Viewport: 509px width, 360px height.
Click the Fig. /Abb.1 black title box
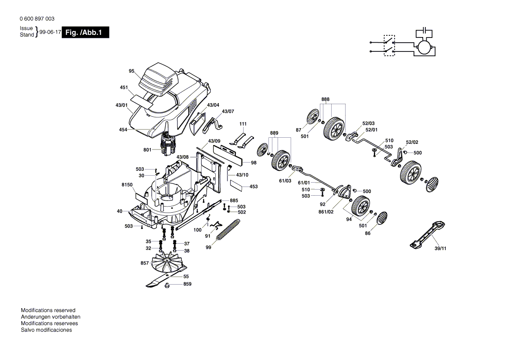coord(85,32)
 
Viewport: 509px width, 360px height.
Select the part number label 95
coord(132,71)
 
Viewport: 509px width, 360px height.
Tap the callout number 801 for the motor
coord(147,149)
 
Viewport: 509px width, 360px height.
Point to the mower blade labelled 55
coord(166,277)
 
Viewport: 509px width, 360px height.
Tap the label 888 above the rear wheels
coord(325,99)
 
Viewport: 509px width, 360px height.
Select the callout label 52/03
coord(368,123)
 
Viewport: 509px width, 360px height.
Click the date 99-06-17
coord(50,32)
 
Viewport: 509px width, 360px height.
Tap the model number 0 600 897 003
coord(37,19)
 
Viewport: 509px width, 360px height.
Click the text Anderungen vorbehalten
coord(51,317)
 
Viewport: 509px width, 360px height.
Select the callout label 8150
coord(127,185)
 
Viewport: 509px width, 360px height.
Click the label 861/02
coord(326,212)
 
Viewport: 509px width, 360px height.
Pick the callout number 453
coord(254,187)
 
